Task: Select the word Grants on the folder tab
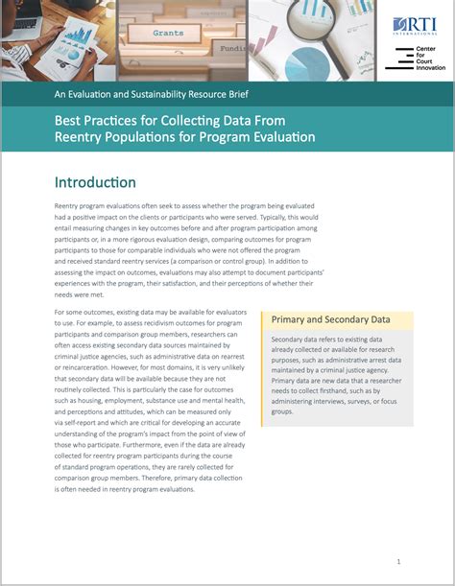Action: point(169,33)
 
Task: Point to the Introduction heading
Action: point(95,182)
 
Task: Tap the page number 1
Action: point(398,561)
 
